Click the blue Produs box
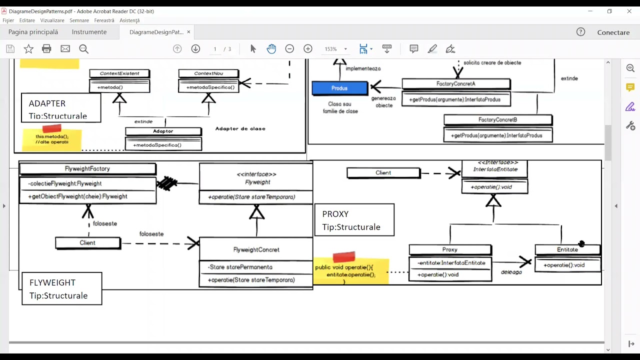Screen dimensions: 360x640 339,88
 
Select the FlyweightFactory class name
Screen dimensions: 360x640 87,169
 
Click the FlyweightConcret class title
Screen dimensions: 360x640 256,249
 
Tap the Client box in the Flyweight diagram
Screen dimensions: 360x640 87,243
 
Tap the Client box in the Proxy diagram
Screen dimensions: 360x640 383,173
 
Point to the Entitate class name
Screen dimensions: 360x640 567,249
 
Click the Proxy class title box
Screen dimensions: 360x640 449,249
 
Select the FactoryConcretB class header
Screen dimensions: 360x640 497,120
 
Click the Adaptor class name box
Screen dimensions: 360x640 163,131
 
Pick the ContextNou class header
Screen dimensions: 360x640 208,73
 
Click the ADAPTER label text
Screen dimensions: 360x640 47,103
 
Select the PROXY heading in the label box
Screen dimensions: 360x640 335,214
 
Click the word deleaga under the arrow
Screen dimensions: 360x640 511,272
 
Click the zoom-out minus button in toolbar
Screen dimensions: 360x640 289,49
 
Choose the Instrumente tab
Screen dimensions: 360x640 89,32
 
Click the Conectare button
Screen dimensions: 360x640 613,32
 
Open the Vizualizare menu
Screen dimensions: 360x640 52,20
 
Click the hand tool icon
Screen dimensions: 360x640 271,49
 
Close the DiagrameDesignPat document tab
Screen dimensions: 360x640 188,32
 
